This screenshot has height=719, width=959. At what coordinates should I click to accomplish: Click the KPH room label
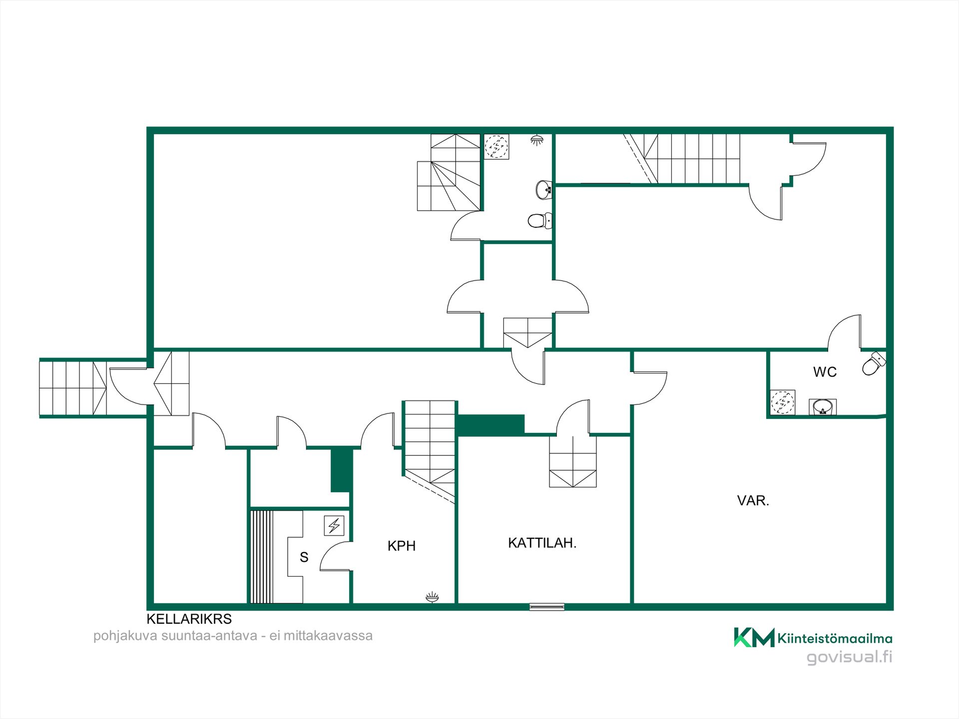(x=402, y=546)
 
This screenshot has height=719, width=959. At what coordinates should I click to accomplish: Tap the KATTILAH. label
(x=542, y=543)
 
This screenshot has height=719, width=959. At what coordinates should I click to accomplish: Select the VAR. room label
(x=753, y=500)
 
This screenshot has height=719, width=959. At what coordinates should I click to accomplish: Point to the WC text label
(x=825, y=372)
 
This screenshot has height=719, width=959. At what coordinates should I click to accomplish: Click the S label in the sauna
(x=304, y=557)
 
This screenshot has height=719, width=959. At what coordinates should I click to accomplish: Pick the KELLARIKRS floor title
(x=189, y=619)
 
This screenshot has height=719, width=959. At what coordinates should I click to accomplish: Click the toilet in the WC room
(x=874, y=363)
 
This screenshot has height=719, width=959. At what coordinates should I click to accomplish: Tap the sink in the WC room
(x=823, y=407)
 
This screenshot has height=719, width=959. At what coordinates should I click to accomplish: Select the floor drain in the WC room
(x=782, y=402)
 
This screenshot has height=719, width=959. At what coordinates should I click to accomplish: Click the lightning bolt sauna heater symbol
(x=334, y=525)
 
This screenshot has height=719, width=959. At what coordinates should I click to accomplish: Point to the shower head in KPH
(x=432, y=597)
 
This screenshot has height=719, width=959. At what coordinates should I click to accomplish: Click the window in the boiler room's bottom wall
(x=547, y=607)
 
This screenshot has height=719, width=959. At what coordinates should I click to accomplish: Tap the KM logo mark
(x=754, y=637)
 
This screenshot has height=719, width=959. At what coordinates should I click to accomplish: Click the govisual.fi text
(x=850, y=657)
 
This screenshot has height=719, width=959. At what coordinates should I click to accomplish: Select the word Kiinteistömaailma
(x=835, y=639)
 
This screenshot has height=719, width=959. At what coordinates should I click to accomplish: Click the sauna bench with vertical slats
(x=262, y=557)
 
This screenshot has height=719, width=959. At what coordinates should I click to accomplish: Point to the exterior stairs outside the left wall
(x=73, y=388)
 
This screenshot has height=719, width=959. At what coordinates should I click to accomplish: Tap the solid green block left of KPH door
(x=342, y=470)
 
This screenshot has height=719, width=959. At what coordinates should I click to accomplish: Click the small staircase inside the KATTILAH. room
(x=573, y=462)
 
